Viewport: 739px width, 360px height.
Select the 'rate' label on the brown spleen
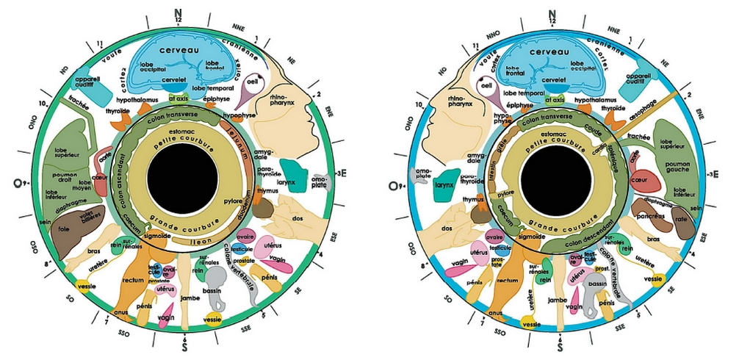[x=682, y=218]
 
